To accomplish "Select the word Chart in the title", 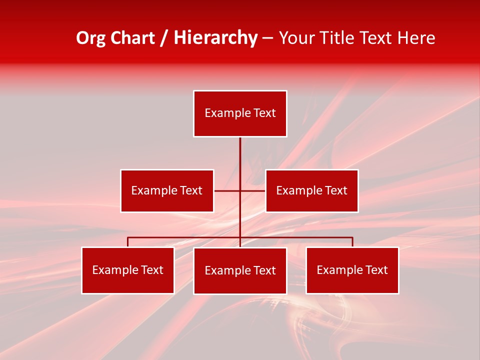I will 132,38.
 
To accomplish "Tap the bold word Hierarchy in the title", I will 215,38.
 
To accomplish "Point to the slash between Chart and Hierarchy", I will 164,38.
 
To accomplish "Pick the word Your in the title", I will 296,38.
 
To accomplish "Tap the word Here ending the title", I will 416,38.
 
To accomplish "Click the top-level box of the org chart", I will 240,113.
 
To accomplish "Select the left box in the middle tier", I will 167,190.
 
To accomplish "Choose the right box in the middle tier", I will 311,190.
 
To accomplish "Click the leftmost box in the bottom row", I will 128,270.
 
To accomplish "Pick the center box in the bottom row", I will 240,270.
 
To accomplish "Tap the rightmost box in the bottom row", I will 352,270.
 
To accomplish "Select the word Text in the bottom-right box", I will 376,270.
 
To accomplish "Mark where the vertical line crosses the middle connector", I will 240,190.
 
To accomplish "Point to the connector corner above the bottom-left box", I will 128,238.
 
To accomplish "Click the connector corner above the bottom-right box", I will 352,238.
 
